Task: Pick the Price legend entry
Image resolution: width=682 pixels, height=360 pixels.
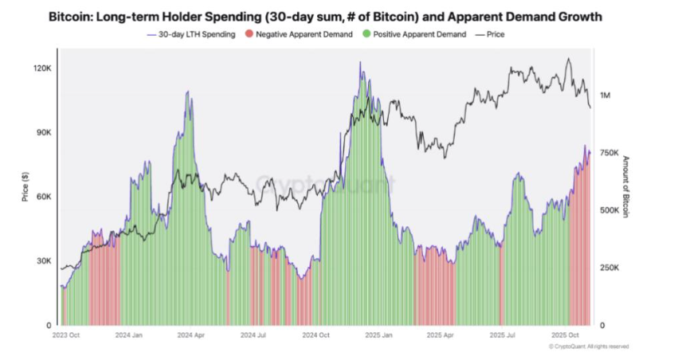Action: [494, 34]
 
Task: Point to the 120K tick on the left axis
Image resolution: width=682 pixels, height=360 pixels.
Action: [41, 68]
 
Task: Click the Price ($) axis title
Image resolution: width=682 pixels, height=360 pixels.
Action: [26, 186]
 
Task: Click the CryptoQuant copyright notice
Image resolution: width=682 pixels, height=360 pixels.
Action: [589, 346]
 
